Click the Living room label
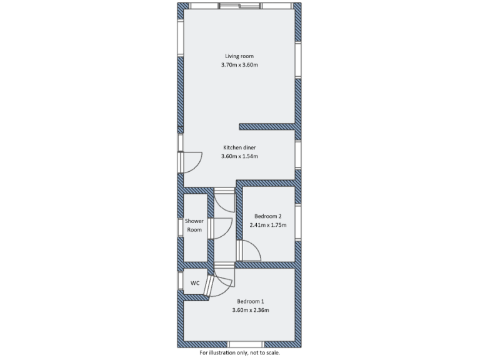click(x=239, y=56)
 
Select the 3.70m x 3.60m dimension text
click(x=239, y=65)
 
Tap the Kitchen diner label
click(x=239, y=147)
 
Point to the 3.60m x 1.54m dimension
click(x=239, y=156)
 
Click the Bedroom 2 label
click(x=267, y=216)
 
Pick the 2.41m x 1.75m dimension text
click(x=267, y=225)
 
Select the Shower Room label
click(x=194, y=225)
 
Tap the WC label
click(x=195, y=283)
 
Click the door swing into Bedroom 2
click(x=249, y=251)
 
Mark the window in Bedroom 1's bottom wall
click(x=246, y=344)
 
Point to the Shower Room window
click(x=180, y=226)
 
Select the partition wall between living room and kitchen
click(x=267, y=125)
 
